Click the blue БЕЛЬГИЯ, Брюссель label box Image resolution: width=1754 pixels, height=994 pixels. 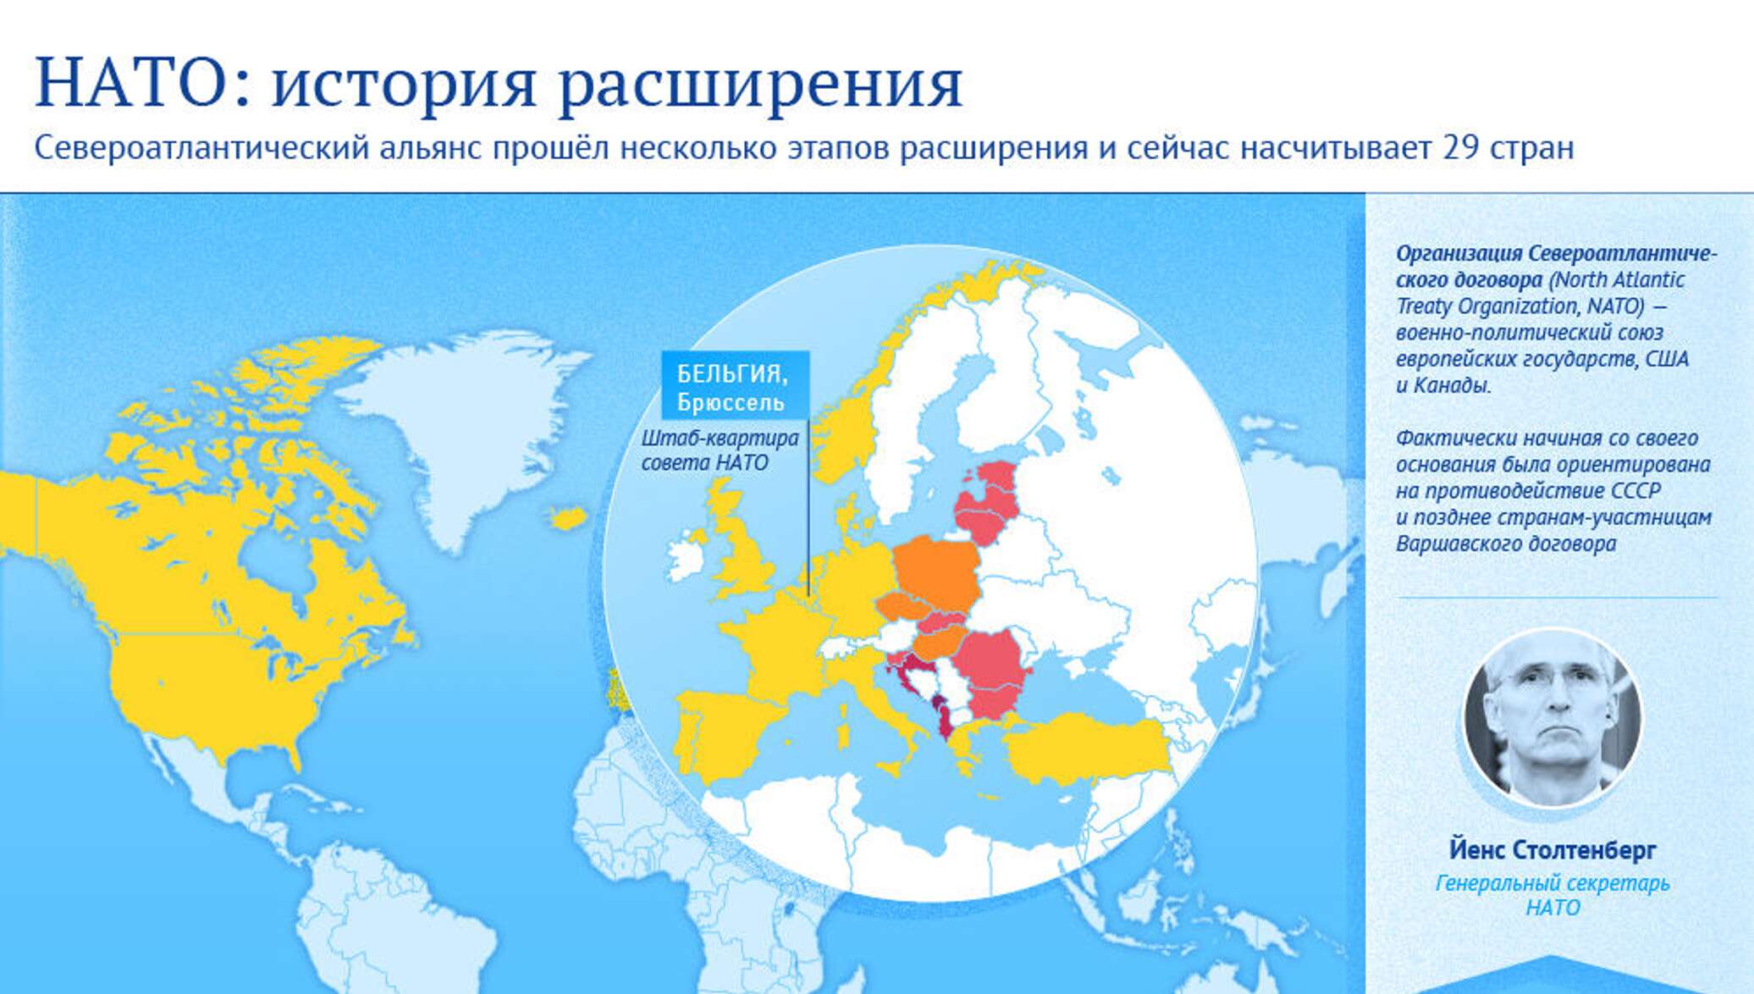(x=735, y=385)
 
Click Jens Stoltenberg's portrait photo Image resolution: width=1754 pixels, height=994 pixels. (x=1553, y=719)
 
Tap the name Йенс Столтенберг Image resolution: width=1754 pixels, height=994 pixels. (x=1553, y=849)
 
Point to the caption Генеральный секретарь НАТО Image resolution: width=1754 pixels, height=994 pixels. (x=1553, y=895)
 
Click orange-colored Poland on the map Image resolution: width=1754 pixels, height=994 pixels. (x=935, y=572)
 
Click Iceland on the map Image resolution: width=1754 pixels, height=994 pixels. (x=568, y=517)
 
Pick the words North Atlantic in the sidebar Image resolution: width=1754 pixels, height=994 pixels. (x=1617, y=279)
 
